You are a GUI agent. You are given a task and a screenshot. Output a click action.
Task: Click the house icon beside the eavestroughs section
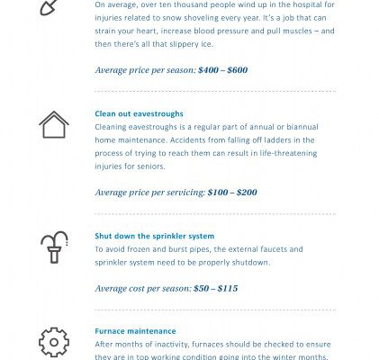(x=54, y=124)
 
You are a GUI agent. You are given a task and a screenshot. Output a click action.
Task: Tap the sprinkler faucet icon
(x=54, y=247)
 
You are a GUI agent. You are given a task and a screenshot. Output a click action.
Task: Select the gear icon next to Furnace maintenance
(x=54, y=342)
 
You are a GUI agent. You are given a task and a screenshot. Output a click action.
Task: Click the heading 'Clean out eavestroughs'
(x=139, y=114)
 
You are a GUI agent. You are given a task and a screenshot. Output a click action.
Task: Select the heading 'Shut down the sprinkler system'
(x=155, y=236)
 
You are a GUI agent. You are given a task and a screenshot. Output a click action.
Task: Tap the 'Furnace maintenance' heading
(x=135, y=331)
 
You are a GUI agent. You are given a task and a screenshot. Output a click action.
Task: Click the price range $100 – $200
(x=232, y=193)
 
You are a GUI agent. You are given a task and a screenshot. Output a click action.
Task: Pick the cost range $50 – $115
(x=215, y=289)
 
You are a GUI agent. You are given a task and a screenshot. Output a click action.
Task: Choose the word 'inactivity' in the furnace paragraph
(x=173, y=345)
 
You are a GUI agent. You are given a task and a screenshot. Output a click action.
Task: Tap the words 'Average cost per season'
(x=142, y=289)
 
